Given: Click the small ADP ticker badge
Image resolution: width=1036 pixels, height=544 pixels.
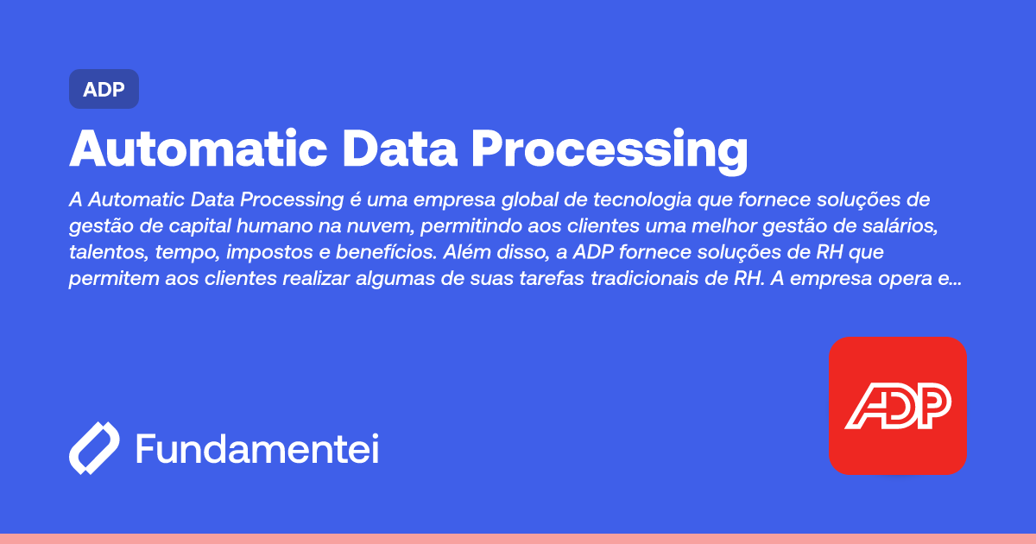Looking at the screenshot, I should [x=104, y=89].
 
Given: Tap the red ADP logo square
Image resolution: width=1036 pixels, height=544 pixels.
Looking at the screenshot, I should [x=897, y=405].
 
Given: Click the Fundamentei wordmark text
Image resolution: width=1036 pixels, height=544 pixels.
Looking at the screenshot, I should [x=257, y=449].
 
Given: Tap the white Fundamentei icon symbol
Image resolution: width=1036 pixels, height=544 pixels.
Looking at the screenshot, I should [x=94, y=449].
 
